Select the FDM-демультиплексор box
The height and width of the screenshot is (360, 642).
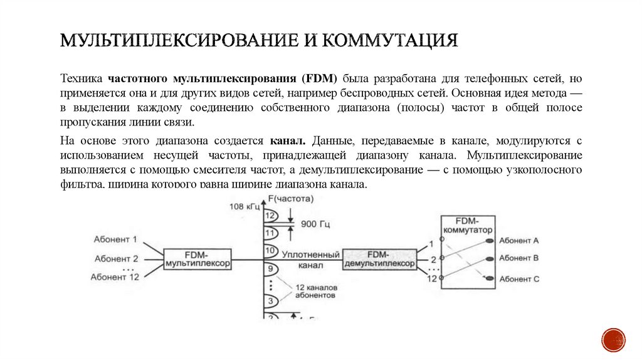pos(379,259)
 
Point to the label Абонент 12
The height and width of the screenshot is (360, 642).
pos(115,277)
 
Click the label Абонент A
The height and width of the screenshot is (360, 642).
pos(519,240)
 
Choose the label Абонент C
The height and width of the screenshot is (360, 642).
pos(519,279)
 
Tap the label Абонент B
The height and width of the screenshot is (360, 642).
pos(519,258)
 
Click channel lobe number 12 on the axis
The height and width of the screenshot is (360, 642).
pos(270,216)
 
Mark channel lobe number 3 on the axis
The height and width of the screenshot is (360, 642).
pos(270,302)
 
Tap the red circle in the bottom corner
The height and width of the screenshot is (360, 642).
pos(613,339)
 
